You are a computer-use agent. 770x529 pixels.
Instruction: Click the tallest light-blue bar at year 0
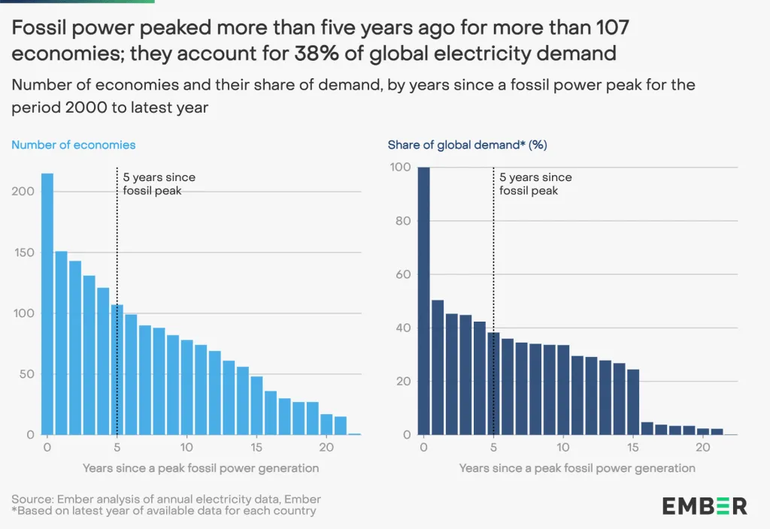tap(47, 304)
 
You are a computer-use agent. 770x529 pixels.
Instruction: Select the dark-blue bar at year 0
tap(424, 301)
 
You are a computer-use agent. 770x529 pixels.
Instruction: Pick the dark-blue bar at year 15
tap(633, 402)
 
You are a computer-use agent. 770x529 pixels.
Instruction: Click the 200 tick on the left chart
tap(25, 192)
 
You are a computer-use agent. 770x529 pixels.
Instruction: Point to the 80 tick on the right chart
tap(403, 221)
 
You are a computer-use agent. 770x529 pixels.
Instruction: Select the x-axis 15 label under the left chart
tap(256, 446)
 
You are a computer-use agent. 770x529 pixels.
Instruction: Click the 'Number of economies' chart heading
tap(74, 144)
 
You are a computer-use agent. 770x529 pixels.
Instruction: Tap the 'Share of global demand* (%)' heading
tap(467, 144)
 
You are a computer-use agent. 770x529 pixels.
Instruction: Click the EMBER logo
tap(705, 506)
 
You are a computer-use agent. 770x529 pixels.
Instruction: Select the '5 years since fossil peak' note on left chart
tap(159, 184)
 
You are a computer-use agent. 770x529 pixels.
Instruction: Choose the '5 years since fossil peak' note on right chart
tap(536, 184)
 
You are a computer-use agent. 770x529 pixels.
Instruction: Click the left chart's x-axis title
tap(200, 468)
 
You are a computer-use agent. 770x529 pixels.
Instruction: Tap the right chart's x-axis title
tap(577, 468)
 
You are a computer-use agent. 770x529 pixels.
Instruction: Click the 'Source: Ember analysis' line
tap(166, 499)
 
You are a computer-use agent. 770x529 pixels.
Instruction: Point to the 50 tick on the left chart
tap(28, 374)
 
